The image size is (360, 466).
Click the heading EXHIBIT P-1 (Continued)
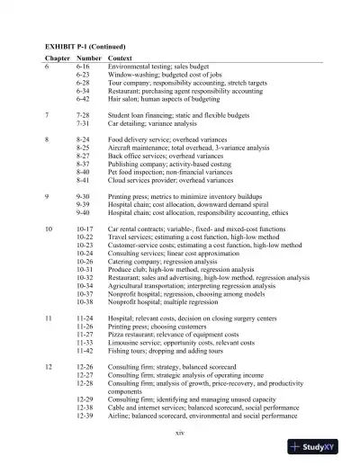(x=85, y=45)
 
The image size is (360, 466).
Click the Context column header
(x=122, y=58)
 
